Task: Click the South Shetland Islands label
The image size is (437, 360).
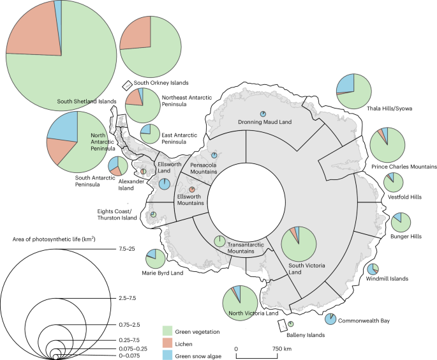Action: [87, 101]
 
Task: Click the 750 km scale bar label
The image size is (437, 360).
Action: [283, 349]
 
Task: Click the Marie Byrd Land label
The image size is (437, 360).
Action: [163, 273]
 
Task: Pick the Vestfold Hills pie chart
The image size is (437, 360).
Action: [393, 181]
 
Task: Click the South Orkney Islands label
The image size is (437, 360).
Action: [161, 83]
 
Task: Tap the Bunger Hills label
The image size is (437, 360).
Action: [406, 236]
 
